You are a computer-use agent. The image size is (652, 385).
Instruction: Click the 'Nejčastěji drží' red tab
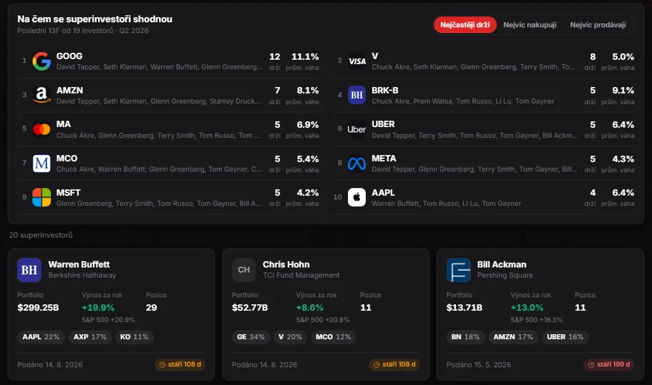click(465, 25)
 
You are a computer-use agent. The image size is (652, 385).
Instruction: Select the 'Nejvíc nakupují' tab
click(530, 25)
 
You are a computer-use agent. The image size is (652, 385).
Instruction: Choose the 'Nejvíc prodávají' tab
click(598, 25)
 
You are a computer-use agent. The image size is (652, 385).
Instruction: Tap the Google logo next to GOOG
click(41, 61)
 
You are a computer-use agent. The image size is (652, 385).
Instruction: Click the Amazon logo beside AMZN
click(41, 95)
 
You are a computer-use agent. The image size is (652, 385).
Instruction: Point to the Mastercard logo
click(41, 129)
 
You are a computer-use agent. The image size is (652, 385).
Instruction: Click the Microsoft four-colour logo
click(41, 198)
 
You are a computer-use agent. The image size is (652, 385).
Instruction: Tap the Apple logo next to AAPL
click(357, 198)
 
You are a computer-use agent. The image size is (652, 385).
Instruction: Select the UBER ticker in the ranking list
click(383, 124)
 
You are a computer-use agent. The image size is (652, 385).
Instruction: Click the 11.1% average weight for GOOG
click(305, 57)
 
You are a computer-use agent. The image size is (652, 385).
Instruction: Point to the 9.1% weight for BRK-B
click(623, 91)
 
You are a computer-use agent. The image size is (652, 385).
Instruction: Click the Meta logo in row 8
click(357, 163)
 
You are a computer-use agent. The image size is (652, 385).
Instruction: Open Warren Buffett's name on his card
click(79, 264)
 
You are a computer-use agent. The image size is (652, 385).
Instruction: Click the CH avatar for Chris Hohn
click(244, 270)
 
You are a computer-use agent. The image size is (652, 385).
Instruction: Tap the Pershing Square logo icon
click(458, 270)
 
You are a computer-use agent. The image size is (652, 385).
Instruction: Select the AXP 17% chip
click(90, 337)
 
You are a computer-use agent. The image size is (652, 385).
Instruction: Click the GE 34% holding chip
click(251, 337)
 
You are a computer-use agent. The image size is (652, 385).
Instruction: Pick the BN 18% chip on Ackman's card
click(465, 337)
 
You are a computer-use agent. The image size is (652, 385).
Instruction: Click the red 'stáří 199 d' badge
click(609, 364)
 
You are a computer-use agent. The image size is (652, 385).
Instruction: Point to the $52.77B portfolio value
click(250, 307)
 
